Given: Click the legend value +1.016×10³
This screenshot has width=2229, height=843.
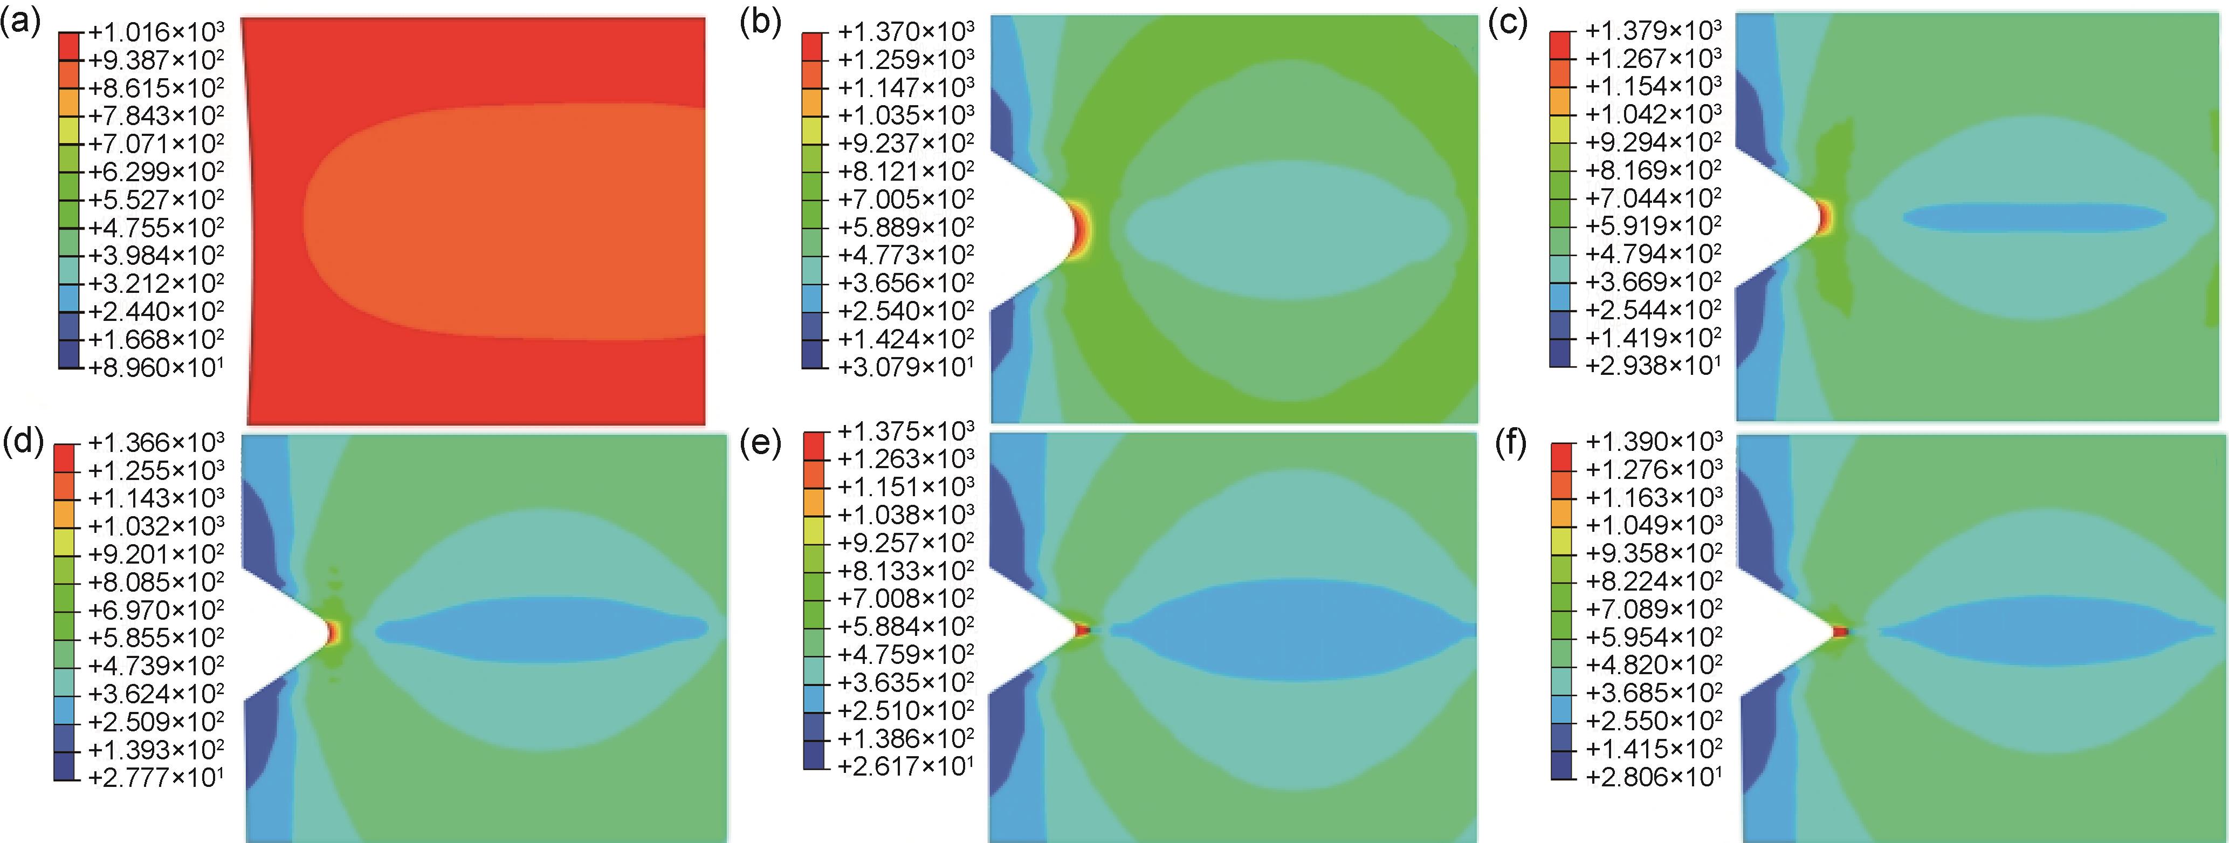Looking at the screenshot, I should pos(156,32).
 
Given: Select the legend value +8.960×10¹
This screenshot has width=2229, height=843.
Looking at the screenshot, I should pos(156,367).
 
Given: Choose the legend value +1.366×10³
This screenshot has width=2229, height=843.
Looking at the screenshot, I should pos(156,443).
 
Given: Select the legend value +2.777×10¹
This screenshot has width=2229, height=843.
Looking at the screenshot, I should pos(156,777).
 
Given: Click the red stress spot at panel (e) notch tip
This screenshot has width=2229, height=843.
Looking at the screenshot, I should pos(1081,630).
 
